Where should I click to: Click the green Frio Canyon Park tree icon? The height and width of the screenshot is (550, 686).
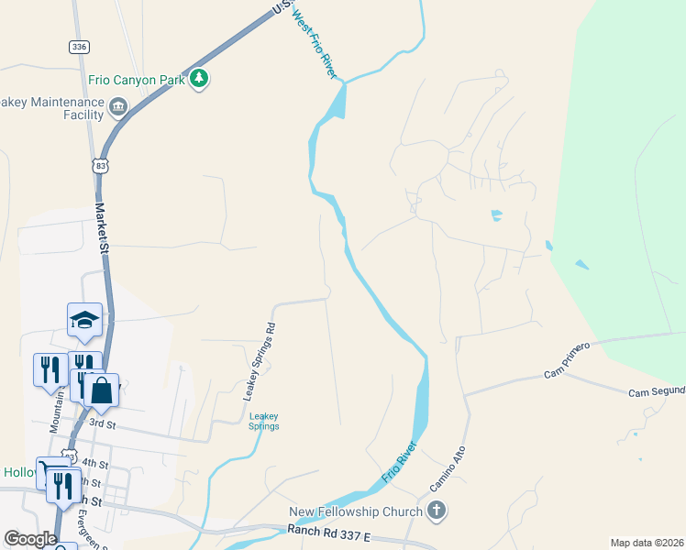tap(199, 80)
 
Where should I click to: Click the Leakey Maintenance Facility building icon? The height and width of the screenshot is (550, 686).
tap(117, 109)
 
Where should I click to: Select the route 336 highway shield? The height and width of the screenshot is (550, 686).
tap(78, 46)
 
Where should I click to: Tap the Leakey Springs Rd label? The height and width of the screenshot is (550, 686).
tap(259, 361)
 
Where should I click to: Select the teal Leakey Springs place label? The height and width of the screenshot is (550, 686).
tap(264, 421)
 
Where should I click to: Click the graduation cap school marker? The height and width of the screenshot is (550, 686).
tap(84, 320)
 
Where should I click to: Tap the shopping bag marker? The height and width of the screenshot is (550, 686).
tap(102, 390)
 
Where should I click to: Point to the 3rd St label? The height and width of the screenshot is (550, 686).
tap(102, 424)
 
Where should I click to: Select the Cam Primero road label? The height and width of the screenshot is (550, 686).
tap(571, 366)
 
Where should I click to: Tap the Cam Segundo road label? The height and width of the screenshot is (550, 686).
tap(656, 392)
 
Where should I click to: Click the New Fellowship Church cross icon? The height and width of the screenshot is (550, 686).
tap(436, 511)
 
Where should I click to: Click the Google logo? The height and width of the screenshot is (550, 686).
tap(30, 539)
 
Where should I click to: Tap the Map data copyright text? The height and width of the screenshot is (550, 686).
tap(647, 543)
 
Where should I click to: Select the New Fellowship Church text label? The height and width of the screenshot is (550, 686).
tap(356, 511)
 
